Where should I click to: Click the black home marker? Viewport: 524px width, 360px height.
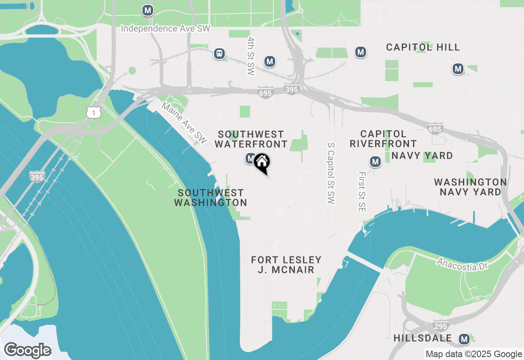click(x=262, y=162)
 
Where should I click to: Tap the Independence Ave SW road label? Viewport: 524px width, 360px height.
click(x=165, y=29)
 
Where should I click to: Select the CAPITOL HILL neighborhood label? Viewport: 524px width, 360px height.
click(x=423, y=47)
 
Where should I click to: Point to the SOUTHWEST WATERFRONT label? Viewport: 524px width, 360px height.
click(x=251, y=139)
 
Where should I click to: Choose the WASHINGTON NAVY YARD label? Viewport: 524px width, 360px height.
click(x=470, y=187)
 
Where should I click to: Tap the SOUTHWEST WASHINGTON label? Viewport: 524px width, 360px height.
click(x=210, y=198)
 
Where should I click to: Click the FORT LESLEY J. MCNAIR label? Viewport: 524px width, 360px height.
click(x=286, y=265)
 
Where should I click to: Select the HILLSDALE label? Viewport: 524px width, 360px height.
click(x=422, y=338)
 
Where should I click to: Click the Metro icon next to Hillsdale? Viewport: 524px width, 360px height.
click(x=464, y=339)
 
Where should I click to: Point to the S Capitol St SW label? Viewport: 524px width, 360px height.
click(x=331, y=173)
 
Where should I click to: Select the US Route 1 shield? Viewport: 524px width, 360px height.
click(x=94, y=112)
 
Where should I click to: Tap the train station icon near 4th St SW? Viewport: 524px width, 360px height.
click(x=220, y=53)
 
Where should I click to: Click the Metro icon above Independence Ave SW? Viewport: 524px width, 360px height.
click(x=148, y=10)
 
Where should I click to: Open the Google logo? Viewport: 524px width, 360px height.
click(x=28, y=350)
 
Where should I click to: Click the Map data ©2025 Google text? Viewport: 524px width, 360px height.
click(x=474, y=354)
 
